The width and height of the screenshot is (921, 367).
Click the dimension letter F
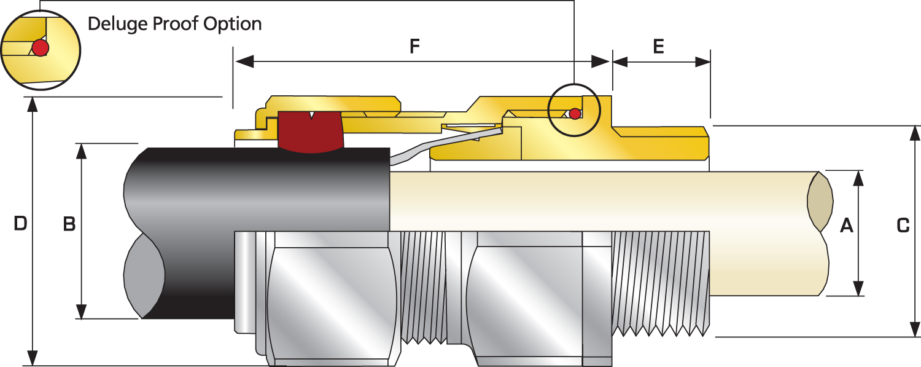414,46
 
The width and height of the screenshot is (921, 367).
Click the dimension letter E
658,46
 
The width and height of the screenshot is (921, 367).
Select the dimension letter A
847,226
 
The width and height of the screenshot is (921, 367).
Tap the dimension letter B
69,224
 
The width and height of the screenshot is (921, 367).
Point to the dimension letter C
903,226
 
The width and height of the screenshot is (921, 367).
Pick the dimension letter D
20,223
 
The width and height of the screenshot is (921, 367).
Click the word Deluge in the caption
118,24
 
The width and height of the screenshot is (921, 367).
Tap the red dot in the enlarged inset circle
41,48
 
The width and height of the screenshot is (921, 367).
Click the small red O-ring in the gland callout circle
575,114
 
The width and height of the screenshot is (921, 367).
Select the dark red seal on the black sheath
311,132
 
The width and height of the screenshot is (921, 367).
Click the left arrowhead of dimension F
244,61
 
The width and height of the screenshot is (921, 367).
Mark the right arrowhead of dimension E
702,62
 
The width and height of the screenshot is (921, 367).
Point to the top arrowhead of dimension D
33,105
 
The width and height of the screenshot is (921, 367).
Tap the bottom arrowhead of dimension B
82,312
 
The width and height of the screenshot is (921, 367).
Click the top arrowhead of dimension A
858,178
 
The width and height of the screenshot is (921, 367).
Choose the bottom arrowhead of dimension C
914,329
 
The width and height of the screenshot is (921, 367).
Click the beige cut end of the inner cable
820,202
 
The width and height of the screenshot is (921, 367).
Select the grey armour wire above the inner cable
446,145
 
